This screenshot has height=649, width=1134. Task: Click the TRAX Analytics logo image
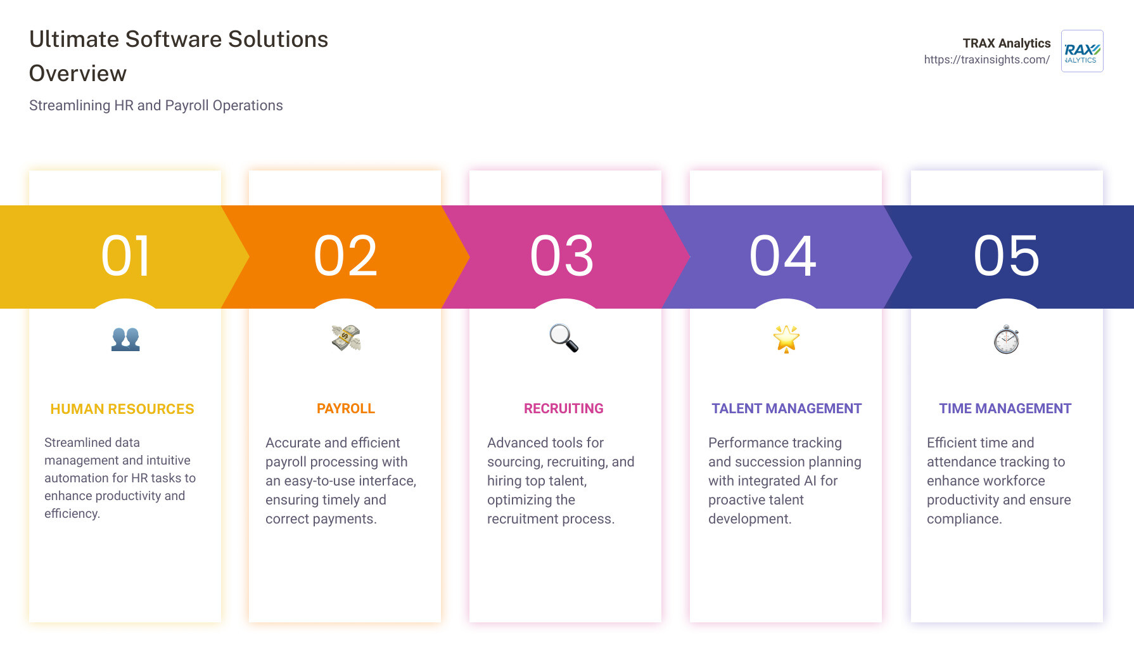(x=1082, y=51)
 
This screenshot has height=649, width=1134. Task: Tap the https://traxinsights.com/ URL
(x=986, y=60)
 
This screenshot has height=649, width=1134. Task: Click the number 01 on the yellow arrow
(x=126, y=256)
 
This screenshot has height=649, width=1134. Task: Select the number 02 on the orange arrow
(x=346, y=256)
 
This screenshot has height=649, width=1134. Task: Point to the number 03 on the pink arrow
(x=562, y=256)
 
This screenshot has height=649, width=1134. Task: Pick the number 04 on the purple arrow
(x=783, y=256)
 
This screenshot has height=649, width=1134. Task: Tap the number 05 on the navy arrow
(x=1006, y=256)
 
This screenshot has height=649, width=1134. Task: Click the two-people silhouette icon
(x=125, y=339)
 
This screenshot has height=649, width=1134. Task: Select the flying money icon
(x=346, y=338)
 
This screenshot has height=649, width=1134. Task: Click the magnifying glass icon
(x=563, y=338)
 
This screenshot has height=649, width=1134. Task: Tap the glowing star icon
(x=786, y=338)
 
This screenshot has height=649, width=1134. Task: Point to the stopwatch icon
(x=1006, y=340)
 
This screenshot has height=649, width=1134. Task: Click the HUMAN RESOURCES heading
(x=122, y=409)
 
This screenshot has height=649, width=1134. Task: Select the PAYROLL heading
(x=346, y=409)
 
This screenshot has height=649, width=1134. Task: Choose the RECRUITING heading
(x=563, y=409)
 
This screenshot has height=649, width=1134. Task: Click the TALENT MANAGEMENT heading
(x=786, y=409)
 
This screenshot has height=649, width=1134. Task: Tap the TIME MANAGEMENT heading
(x=1005, y=409)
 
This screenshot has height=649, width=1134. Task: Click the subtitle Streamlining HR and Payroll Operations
(x=156, y=106)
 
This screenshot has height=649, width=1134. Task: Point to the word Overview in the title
(x=78, y=74)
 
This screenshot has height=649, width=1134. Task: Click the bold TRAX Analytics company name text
(x=1006, y=43)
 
